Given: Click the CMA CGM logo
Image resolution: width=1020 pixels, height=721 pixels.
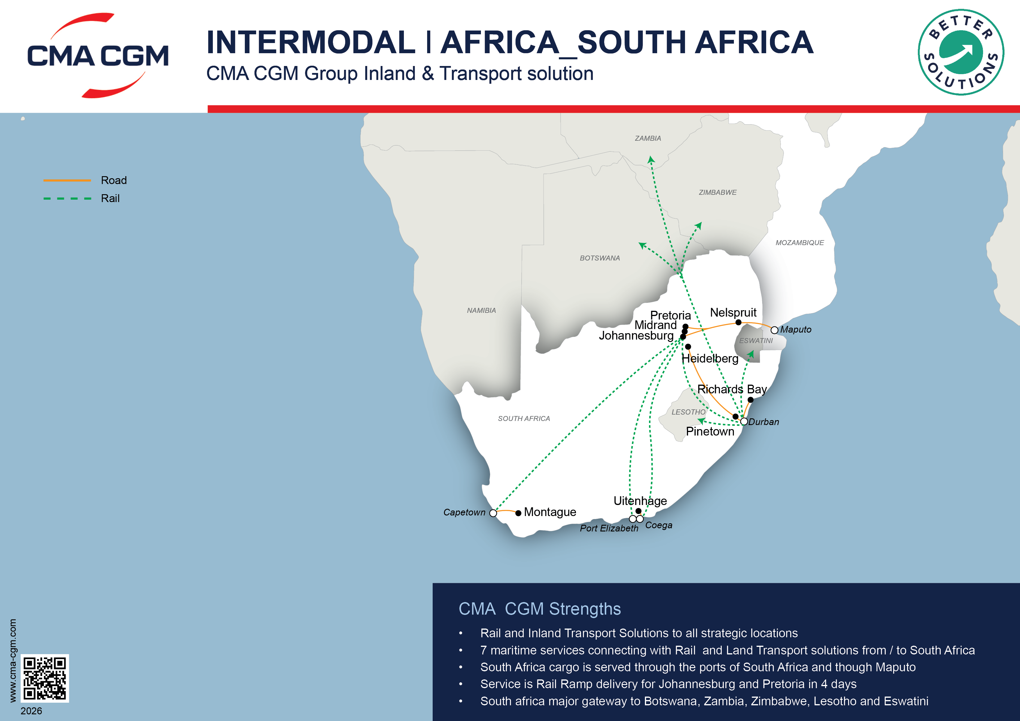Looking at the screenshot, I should tap(98, 56).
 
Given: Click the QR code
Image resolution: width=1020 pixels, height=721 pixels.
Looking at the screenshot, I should tap(45, 678).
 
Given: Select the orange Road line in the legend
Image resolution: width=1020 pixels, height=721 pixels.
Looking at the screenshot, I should tap(67, 180).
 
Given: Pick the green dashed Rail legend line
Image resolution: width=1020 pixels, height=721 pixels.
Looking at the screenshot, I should tap(67, 199).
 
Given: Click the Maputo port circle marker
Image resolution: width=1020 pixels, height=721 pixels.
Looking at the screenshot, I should tap(774, 330).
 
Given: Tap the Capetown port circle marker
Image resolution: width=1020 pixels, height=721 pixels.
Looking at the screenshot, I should tap(493, 513).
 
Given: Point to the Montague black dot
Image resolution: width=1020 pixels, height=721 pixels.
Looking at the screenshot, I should tap(518, 513).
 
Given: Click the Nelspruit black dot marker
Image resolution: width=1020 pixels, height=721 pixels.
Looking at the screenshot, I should tap(738, 322).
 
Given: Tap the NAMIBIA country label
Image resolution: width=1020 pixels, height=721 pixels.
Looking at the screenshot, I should tap(481, 310).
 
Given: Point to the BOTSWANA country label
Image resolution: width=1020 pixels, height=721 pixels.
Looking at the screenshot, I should tap(600, 258).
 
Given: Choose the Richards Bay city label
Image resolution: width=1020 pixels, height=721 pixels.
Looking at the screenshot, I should tap(732, 389).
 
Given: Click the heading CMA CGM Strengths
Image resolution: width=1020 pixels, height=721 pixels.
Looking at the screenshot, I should tap(539, 609).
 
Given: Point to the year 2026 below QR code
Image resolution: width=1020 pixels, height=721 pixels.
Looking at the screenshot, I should tap(31, 711).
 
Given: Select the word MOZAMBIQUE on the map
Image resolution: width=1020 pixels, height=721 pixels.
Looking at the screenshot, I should tap(800, 242).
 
